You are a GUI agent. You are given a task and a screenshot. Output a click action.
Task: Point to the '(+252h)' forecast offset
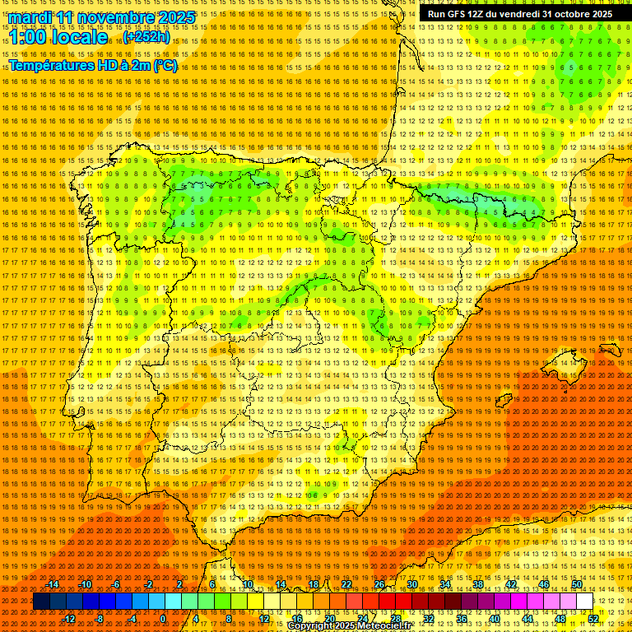click(146, 37)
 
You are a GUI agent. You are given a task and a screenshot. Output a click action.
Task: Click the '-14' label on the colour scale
click(53, 584)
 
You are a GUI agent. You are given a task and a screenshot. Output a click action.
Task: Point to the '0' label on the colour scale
click(163, 619)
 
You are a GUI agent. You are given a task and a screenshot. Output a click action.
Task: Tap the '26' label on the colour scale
click(379, 584)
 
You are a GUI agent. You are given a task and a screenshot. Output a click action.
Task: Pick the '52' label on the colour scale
click(593, 619)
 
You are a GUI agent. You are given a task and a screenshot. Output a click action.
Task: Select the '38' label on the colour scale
click(478, 584)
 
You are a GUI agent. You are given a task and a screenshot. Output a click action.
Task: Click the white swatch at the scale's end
click(585, 602)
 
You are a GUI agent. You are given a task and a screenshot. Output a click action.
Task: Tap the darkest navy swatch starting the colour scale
click(41, 602)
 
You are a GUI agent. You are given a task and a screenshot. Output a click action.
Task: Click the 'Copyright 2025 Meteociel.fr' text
click(349, 626)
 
